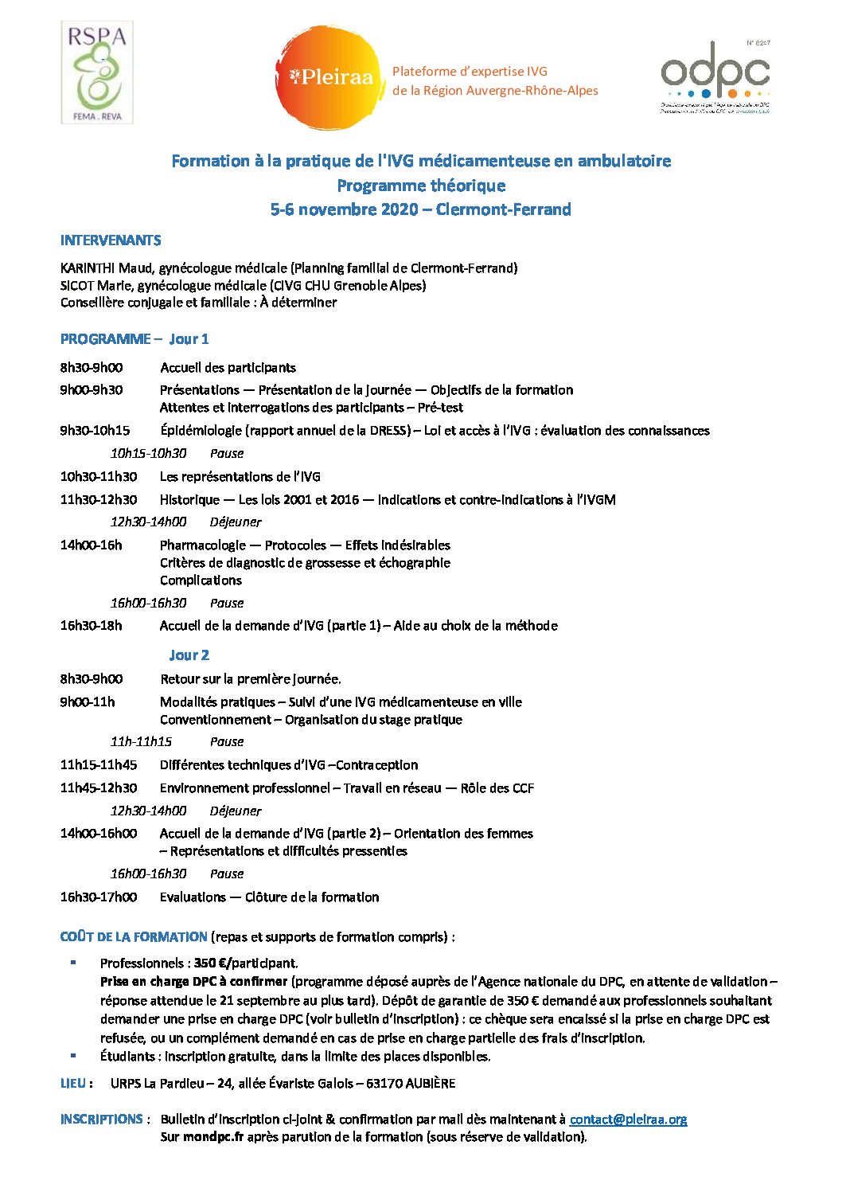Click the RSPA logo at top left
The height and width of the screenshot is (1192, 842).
click(97, 72)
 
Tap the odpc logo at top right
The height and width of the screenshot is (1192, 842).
click(715, 77)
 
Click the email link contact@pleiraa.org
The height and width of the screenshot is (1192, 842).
click(628, 1119)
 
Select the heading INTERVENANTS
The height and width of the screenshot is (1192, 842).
click(111, 240)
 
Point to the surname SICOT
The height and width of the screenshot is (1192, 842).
click(77, 285)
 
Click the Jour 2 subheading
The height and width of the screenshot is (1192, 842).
click(189, 655)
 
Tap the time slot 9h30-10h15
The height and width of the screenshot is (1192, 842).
click(95, 431)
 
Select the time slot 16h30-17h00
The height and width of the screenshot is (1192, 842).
click(98, 897)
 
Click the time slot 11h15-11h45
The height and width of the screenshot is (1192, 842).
click(98, 765)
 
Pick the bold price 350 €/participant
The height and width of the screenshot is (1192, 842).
click(245, 963)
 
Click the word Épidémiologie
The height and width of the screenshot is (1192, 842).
click(201, 431)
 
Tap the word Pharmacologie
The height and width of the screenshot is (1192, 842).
click(203, 545)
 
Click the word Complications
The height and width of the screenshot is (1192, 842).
click(201, 580)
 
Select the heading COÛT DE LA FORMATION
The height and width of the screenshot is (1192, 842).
click(134, 937)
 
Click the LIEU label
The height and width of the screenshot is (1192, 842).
click(72, 1084)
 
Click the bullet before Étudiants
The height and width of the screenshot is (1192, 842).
click(73, 1056)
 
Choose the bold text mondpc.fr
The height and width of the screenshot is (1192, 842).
click(212, 1137)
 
